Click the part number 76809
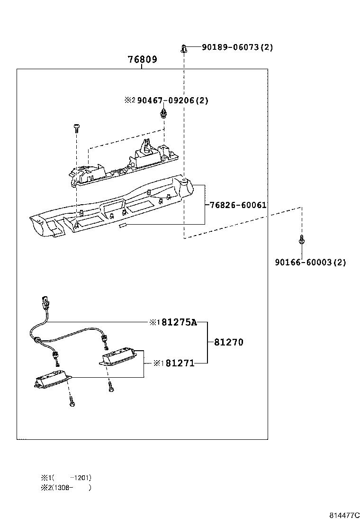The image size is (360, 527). [x=142, y=60]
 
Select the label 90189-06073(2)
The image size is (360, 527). [x=237, y=47]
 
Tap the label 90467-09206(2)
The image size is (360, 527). [x=172, y=100]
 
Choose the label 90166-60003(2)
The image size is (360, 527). [x=310, y=262]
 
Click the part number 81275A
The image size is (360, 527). [x=179, y=322]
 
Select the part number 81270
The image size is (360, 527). [x=228, y=342]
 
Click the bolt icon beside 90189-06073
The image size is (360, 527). [x=184, y=48]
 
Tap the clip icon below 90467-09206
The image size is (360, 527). [x=164, y=113]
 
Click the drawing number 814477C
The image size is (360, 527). [x=345, y=515]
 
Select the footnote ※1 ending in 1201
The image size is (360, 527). [x=66, y=478]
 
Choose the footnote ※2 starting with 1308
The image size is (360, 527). [x=66, y=487]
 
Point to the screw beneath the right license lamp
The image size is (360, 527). [x=110, y=386]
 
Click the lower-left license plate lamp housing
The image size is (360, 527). [x=53, y=379]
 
